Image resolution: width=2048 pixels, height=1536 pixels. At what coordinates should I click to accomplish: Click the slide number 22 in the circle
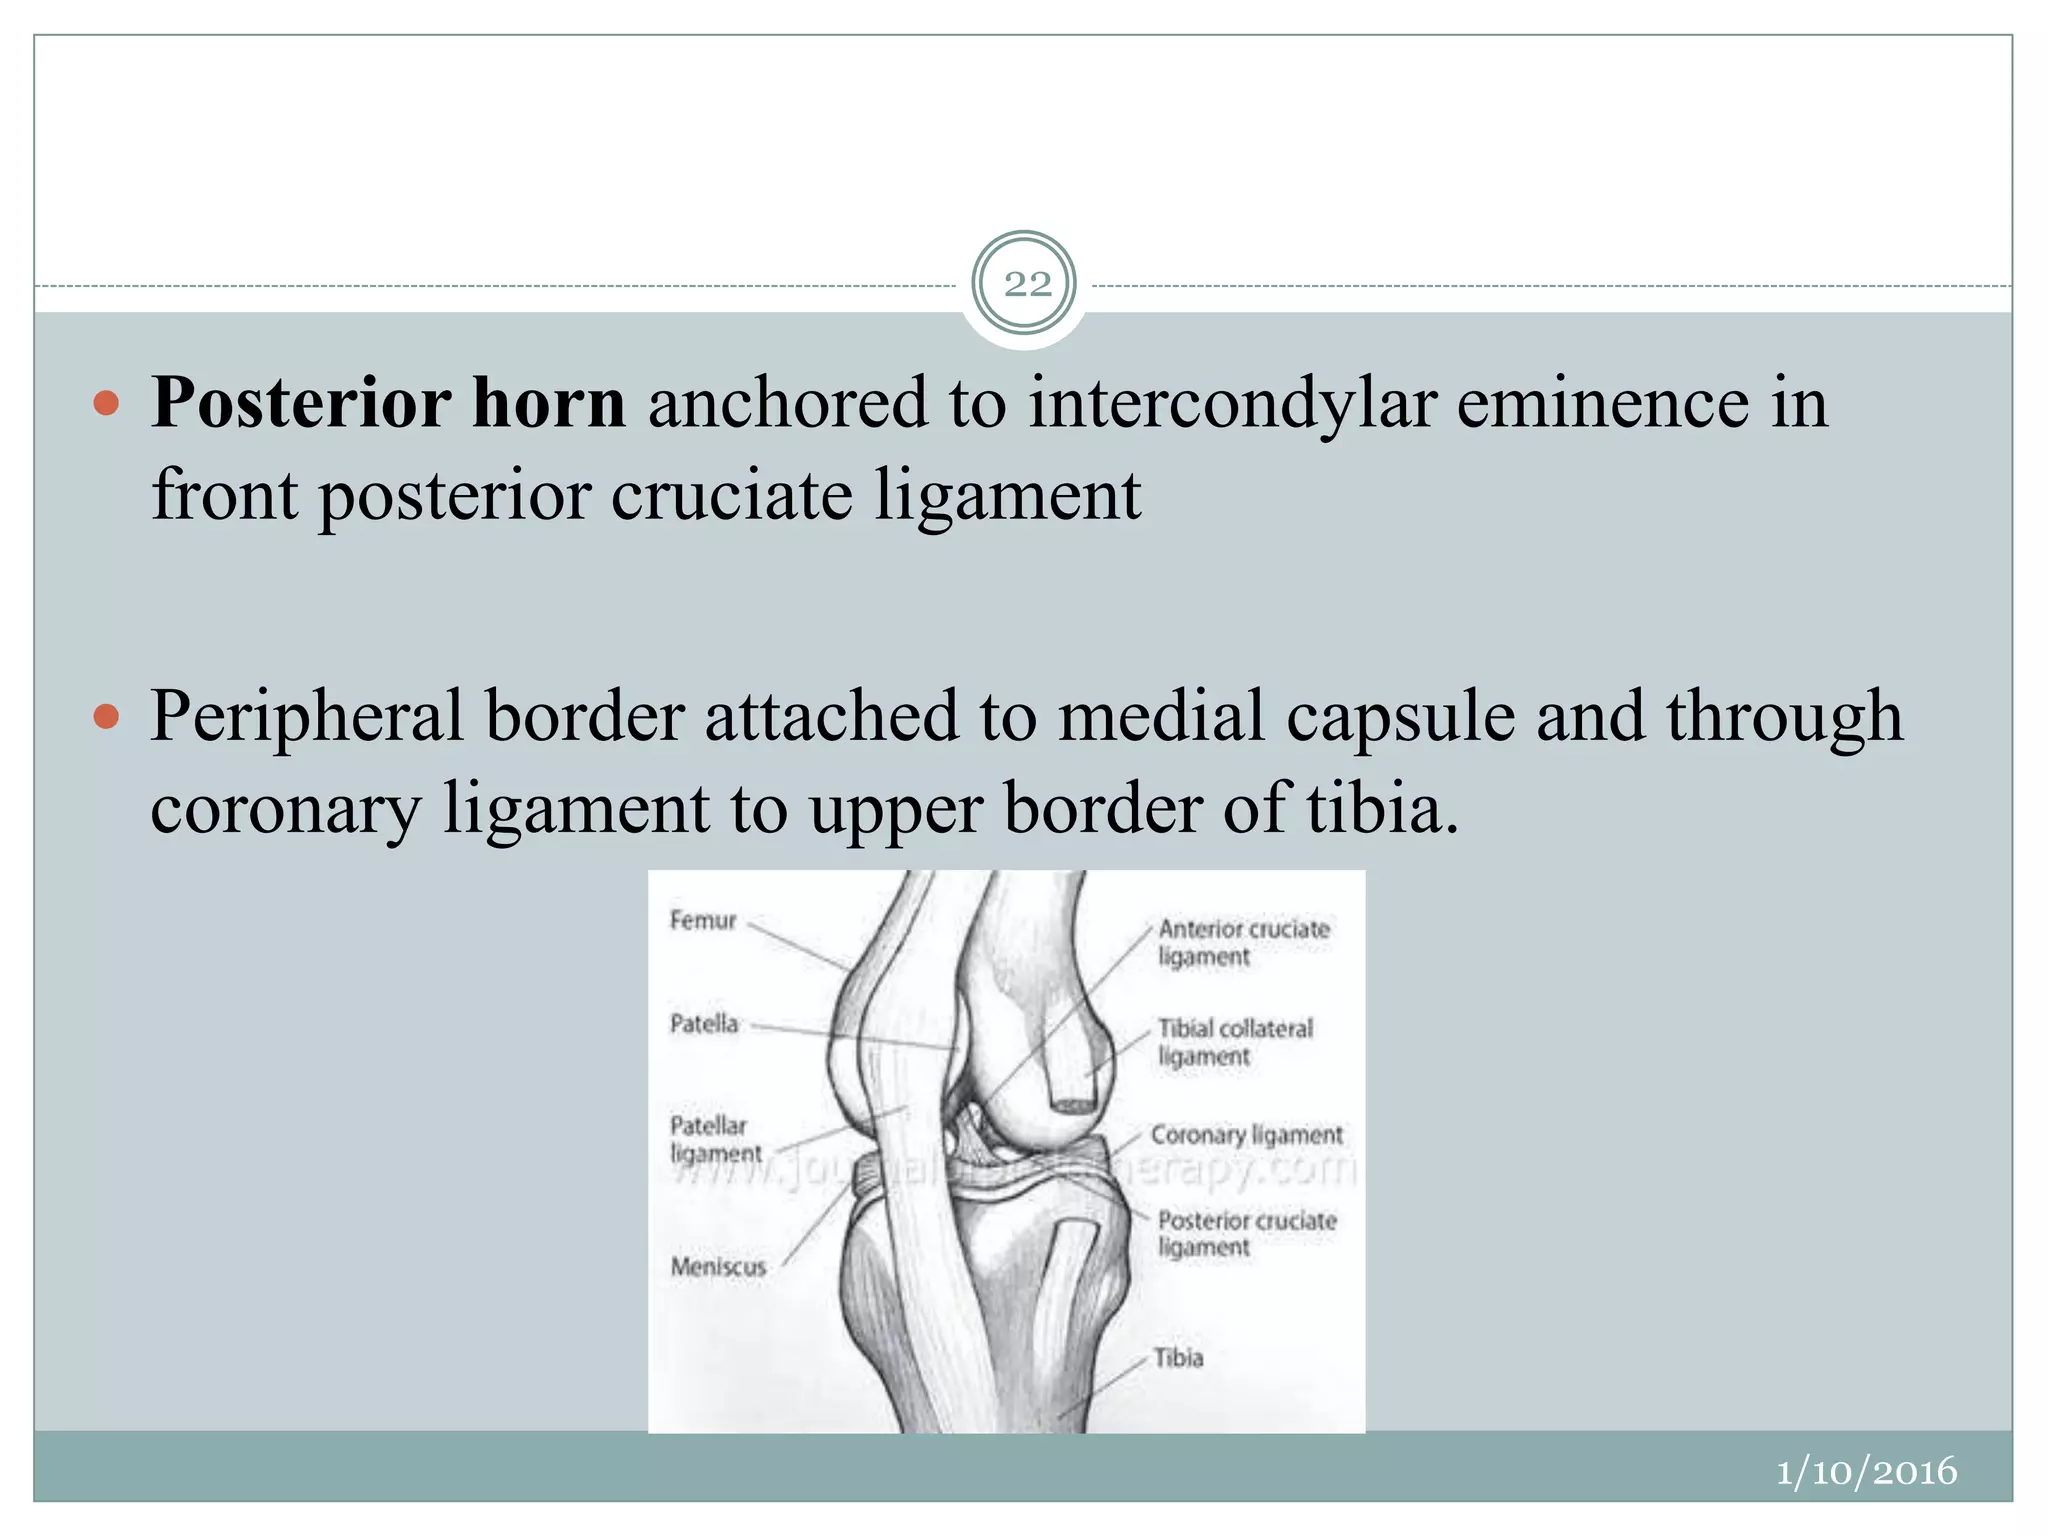[1025, 285]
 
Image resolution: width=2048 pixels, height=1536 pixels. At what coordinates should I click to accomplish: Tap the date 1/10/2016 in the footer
[1865, 1471]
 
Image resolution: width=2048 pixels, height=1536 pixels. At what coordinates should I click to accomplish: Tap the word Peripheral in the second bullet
[306, 718]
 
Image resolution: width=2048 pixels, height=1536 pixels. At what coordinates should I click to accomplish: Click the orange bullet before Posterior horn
[105, 404]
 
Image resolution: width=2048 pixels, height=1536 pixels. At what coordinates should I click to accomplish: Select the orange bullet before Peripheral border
[105, 716]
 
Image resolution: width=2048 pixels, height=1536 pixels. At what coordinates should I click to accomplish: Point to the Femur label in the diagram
[702, 920]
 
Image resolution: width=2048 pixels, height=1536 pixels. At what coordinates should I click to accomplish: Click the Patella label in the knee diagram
[704, 1023]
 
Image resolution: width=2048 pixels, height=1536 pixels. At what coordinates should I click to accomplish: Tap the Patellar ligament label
[714, 1139]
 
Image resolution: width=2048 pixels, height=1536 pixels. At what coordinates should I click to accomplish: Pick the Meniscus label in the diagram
[718, 1266]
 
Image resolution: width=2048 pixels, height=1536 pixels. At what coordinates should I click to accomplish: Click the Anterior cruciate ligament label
[1242, 942]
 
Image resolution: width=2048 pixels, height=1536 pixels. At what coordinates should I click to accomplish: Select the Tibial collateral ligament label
[1234, 1042]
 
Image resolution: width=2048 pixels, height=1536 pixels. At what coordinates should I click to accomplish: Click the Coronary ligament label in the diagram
[1246, 1135]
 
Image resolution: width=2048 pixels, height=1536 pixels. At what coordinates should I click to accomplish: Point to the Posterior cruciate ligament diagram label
[1246, 1233]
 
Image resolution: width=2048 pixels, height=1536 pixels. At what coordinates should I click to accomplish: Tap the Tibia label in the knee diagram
[1178, 1358]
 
